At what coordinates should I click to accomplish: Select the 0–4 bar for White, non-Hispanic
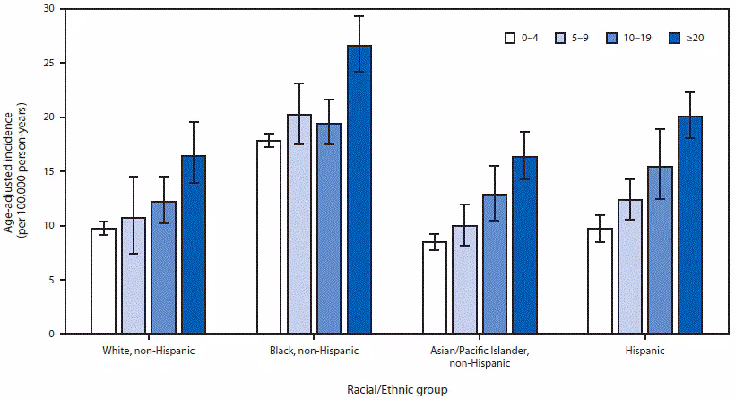pyautogui.click(x=103, y=281)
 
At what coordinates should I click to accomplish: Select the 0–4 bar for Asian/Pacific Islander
pyautogui.click(x=436, y=287)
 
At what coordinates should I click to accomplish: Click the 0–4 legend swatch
pyautogui.click(x=509, y=38)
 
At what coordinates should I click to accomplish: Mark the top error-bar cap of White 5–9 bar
pyautogui.click(x=134, y=177)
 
